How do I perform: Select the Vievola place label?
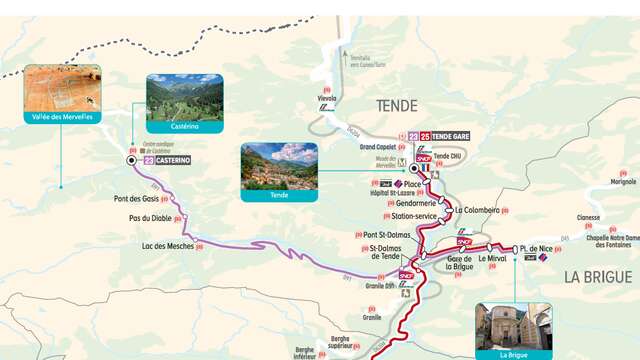[326, 99]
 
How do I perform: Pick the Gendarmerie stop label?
[408, 203]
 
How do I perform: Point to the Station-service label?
[414, 216]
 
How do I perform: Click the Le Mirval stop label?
[493, 259]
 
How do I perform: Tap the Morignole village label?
[622, 182]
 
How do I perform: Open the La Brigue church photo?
[513, 326]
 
